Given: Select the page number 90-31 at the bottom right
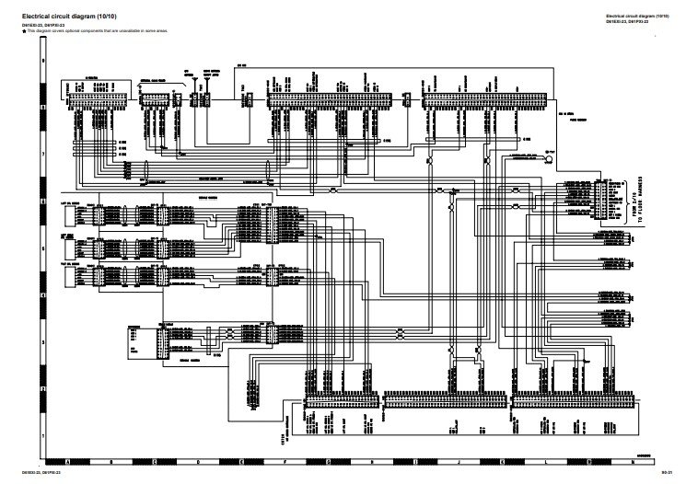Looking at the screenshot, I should pos(669,472).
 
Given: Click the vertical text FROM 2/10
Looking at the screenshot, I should pos(633,206).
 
